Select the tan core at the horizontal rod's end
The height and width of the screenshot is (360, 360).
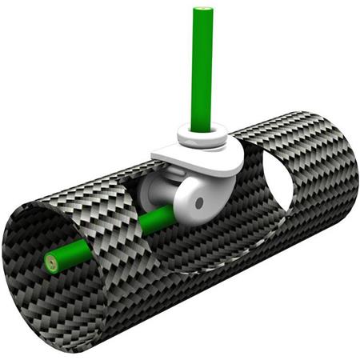(x=53, y=261)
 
